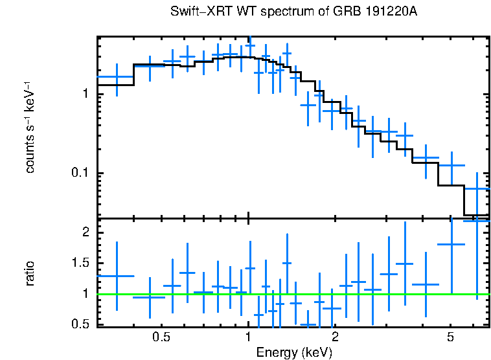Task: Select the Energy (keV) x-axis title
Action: point(294,352)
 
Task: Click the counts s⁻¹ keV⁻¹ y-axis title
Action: point(30,127)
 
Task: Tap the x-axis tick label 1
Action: point(249,337)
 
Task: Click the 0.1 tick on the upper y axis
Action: point(78,174)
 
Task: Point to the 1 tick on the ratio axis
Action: point(84,293)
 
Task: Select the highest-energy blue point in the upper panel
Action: point(477,188)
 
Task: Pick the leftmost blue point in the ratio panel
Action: point(116,276)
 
